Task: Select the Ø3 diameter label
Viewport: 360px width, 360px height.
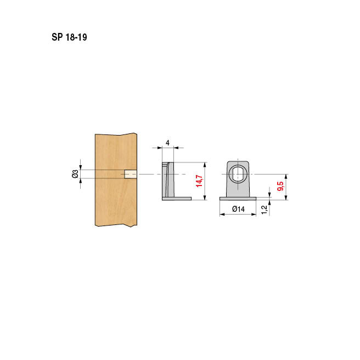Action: (x=75, y=174)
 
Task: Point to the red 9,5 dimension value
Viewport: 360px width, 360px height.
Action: (x=280, y=185)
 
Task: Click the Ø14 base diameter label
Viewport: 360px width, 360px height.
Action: (x=238, y=209)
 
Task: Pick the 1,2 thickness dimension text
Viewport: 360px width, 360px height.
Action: (x=265, y=209)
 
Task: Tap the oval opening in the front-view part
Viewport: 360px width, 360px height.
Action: (x=238, y=174)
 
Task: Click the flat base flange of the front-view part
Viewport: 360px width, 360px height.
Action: (x=238, y=198)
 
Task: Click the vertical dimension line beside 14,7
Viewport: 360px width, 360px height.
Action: (x=205, y=181)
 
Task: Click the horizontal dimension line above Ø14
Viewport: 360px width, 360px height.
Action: (x=238, y=215)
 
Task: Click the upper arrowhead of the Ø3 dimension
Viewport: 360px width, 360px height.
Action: (x=81, y=167)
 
